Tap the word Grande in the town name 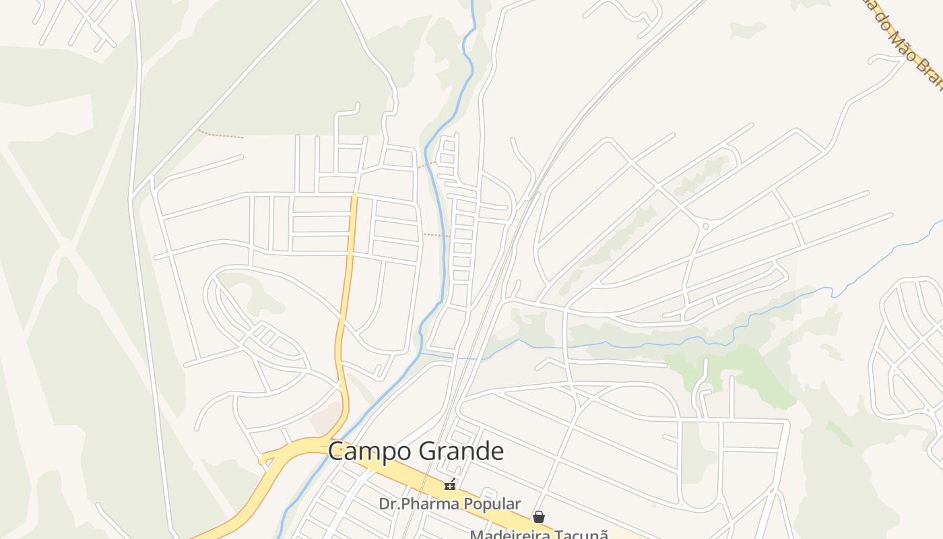[x=459, y=451]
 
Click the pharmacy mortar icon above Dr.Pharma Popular [x=449, y=484]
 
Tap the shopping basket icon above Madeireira [x=539, y=517]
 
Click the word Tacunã [x=584, y=534]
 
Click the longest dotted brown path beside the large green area [x=221, y=134]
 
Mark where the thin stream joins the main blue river [x=422, y=352]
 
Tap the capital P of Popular [x=461, y=504]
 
